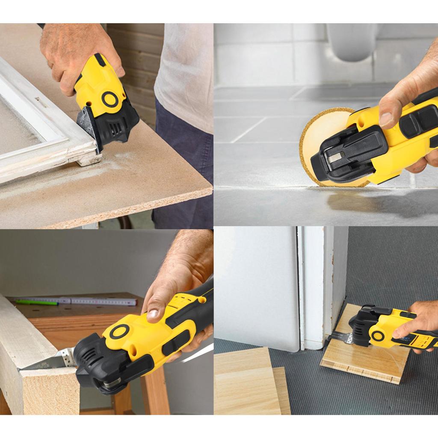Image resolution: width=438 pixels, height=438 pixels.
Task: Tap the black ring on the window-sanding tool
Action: click(x=110, y=99)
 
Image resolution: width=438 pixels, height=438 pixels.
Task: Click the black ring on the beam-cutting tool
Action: click(x=119, y=331)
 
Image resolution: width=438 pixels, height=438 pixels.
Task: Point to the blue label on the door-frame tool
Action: click(x=404, y=338)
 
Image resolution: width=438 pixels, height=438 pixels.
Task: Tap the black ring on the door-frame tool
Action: click(x=377, y=336)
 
